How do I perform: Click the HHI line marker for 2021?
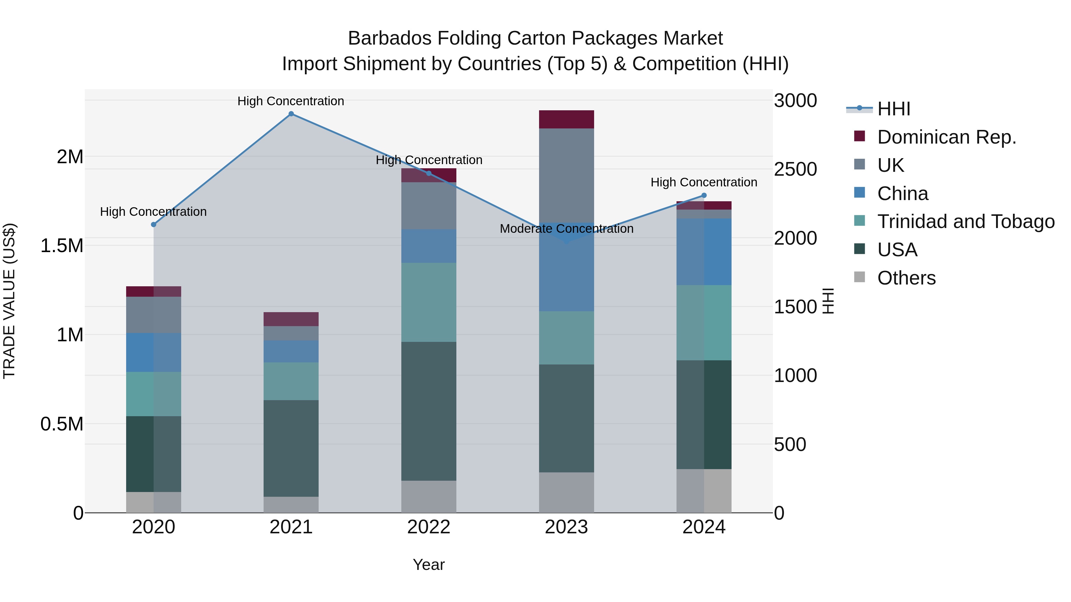tap(291, 114)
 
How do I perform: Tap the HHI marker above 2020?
tap(154, 225)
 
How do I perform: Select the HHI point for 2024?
tap(704, 195)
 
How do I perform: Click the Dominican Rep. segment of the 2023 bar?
tap(566, 119)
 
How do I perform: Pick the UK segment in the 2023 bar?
tap(566, 175)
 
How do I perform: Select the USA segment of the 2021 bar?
tap(291, 448)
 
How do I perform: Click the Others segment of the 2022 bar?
tap(429, 496)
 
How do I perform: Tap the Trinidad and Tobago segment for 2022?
tap(429, 302)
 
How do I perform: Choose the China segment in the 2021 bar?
tap(291, 351)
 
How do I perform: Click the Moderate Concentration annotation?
tap(566, 229)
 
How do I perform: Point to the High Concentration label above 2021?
tap(291, 101)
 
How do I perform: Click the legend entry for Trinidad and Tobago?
tap(965, 221)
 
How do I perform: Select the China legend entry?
tap(902, 194)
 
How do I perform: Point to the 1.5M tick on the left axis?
tap(62, 246)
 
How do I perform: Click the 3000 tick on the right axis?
tap(795, 101)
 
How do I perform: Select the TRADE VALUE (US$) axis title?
tap(9, 301)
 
